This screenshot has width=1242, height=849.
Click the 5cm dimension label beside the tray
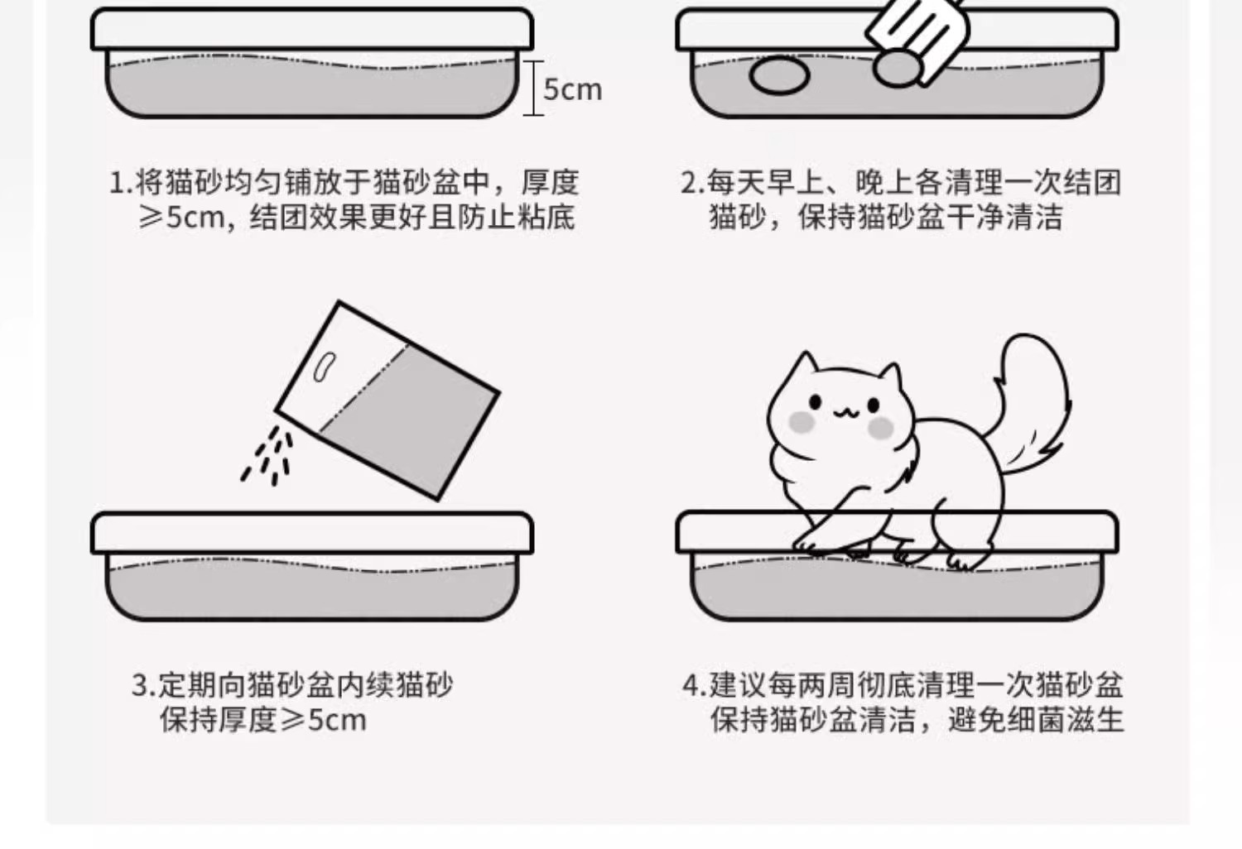point(572,89)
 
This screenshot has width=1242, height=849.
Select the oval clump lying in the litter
point(779,76)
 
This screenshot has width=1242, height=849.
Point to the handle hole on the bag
point(325,367)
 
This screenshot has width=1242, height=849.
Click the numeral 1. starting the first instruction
point(121,182)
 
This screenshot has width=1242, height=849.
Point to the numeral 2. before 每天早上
point(692,182)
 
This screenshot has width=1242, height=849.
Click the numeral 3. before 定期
point(143,685)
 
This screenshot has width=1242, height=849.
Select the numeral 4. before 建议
point(695,685)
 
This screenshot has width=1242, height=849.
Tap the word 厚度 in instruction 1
point(550,182)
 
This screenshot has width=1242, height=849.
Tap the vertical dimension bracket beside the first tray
point(533,88)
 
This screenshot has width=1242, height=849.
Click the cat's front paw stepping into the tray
point(812,543)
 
